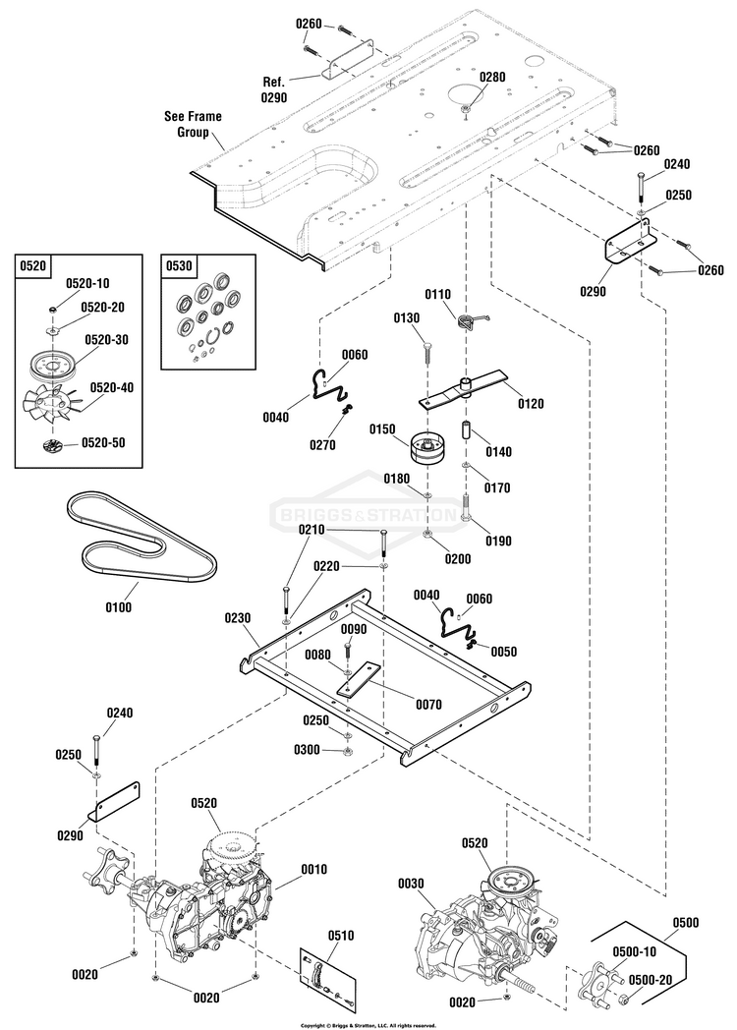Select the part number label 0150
click(x=382, y=429)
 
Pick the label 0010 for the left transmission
click(x=314, y=869)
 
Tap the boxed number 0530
click(x=179, y=265)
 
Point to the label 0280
click(x=492, y=77)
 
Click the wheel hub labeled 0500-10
click(x=595, y=981)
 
